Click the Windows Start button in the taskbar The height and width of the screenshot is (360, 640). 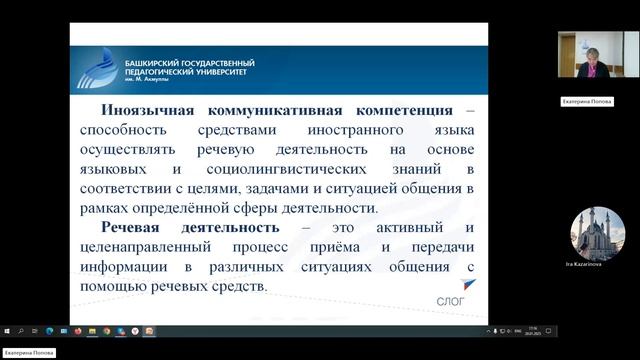point(6,330)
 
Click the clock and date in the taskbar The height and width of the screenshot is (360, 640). point(533,330)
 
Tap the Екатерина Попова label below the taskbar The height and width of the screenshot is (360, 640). point(28,353)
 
